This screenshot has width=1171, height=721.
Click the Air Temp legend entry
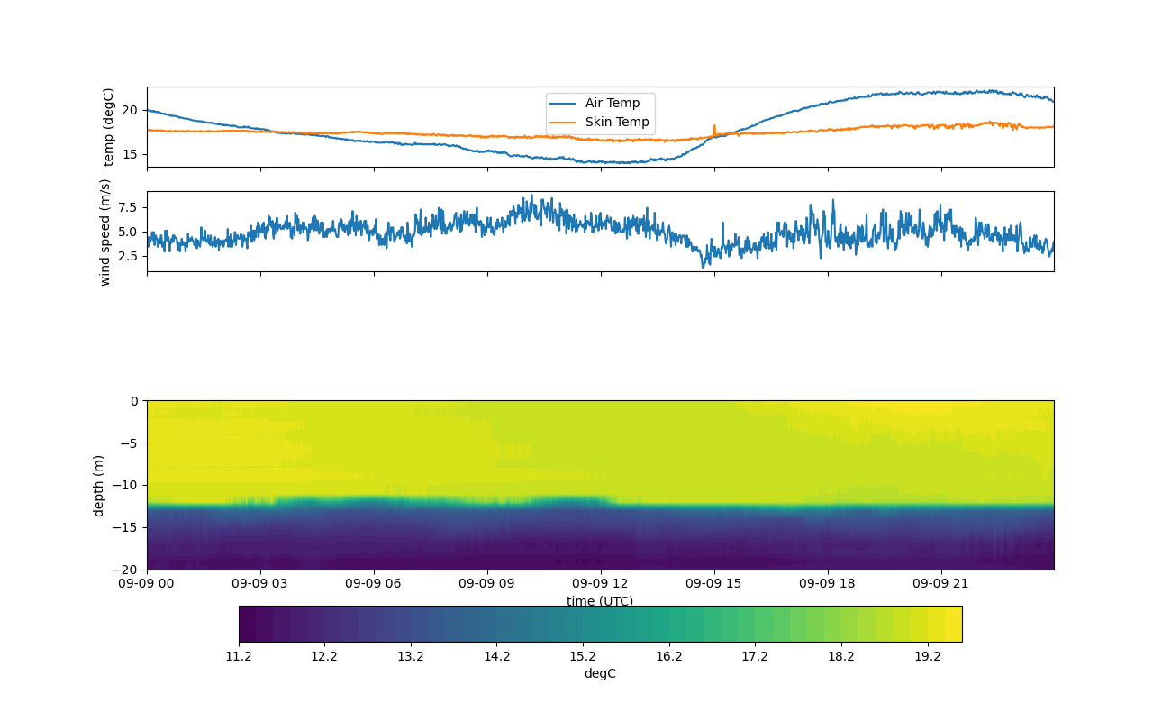coord(612,103)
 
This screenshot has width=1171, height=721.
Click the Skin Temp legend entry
coord(616,122)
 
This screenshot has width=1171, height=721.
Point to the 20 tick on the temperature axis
coord(130,110)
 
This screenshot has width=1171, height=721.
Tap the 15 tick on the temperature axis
coord(130,154)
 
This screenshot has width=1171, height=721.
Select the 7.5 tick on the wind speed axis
coord(125,207)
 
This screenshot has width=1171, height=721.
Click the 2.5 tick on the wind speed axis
coord(125,256)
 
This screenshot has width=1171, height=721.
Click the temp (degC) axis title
coord(109,127)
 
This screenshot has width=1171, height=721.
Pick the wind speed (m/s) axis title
coord(105,232)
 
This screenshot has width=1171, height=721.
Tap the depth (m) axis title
coord(99,485)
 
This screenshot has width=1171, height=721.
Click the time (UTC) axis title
coord(600,601)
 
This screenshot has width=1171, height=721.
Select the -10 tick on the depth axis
coord(124,485)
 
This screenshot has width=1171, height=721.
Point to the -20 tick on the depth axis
coord(124,570)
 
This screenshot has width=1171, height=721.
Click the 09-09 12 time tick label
coord(601,583)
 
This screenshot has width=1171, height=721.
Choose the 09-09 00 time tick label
coord(148,583)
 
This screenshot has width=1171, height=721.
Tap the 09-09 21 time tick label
coord(941,583)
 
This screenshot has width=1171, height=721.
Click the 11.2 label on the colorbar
coord(239,657)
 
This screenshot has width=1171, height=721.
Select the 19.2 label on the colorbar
coord(928,657)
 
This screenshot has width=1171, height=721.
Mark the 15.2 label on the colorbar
coord(583,657)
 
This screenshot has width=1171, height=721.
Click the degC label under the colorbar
coord(600,674)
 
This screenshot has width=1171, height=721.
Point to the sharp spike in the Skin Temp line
coord(714,127)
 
